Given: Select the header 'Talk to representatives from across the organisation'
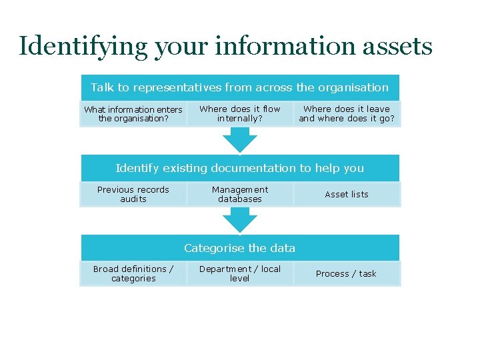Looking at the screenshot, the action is click(x=239, y=87).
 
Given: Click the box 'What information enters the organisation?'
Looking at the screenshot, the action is click(x=133, y=114).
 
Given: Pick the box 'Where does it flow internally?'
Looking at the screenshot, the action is click(x=240, y=113).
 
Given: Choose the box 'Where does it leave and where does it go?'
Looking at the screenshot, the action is click(x=347, y=113).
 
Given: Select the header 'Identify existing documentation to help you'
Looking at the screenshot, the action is click(x=240, y=168).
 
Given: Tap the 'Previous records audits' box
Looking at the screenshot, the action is click(x=133, y=194).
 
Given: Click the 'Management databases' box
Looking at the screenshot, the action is click(x=240, y=194).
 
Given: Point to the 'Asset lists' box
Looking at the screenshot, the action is click(x=347, y=194).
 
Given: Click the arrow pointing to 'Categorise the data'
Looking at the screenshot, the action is click(x=240, y=220).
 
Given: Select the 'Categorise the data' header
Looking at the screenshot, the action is click(x=240, y=248).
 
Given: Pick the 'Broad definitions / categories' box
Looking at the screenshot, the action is click(x=133, y=273).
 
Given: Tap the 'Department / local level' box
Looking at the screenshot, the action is click(x=240, y=273).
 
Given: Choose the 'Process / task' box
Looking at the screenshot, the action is click(x=347, y=273).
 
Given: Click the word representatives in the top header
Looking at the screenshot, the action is click(x=177, y=87).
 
